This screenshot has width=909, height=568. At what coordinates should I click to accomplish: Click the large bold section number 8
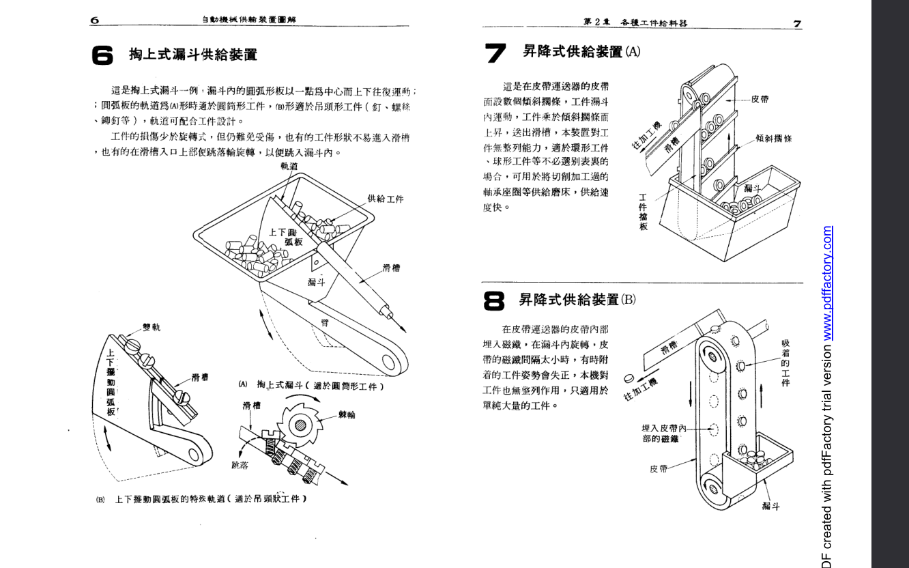[x=495, y=300]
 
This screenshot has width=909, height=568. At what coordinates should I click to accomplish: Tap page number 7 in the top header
[x=796, y=23]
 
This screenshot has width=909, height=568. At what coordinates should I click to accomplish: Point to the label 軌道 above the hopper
[x=289, y=166]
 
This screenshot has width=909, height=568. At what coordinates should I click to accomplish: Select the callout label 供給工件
[x=386, y=199]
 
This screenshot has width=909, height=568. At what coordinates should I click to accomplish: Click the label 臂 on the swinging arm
[x=325, y=323]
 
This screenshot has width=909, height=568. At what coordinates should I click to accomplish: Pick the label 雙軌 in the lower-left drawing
[x=151, y=328]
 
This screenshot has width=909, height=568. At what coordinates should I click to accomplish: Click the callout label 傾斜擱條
[x=774, y=138]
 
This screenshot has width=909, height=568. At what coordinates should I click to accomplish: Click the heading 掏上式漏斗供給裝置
[x=193, y=55]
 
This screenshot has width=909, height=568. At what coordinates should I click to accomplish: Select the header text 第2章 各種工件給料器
[x=635, y=23]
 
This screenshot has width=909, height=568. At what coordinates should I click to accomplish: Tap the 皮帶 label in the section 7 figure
[x=760, y=99]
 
